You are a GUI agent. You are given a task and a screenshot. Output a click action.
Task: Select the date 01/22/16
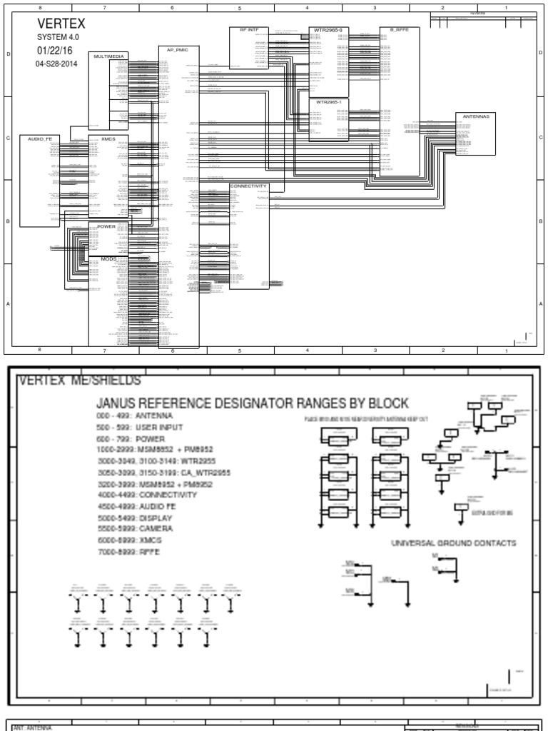[54, 51]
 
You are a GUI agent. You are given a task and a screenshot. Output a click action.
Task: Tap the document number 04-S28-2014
[56, 64]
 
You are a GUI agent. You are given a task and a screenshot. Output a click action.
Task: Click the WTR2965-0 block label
[328, 30]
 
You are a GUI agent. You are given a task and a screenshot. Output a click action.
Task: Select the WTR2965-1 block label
[328, 102]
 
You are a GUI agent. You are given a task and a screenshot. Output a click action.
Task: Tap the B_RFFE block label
[397, 30]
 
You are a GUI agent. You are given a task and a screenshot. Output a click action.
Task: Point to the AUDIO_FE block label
[40, 138]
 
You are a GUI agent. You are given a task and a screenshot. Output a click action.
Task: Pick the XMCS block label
[108, 138]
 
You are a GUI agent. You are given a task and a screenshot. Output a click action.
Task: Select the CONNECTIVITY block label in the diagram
[248, 186]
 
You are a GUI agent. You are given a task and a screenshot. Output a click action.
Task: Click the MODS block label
[108, 258]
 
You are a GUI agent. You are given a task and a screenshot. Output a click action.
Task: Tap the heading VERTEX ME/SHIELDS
[79, 380]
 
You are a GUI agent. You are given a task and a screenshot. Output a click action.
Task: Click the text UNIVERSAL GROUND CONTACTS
[453, 543]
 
